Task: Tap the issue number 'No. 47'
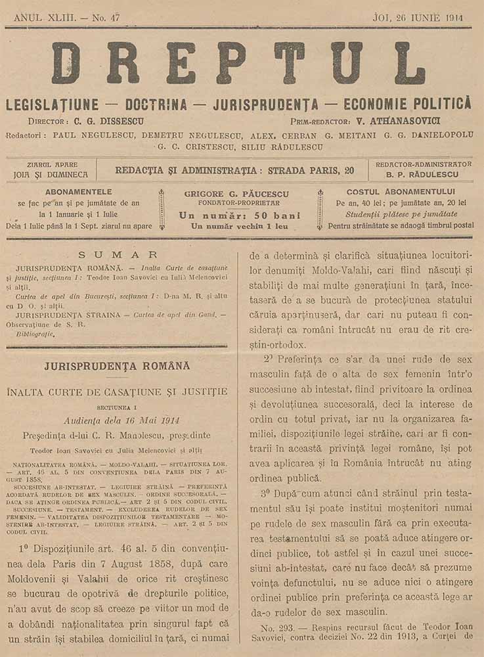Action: click(102, 18)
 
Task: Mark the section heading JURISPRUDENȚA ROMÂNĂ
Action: click(117, 366)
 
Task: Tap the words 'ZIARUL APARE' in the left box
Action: click(52, 164)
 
